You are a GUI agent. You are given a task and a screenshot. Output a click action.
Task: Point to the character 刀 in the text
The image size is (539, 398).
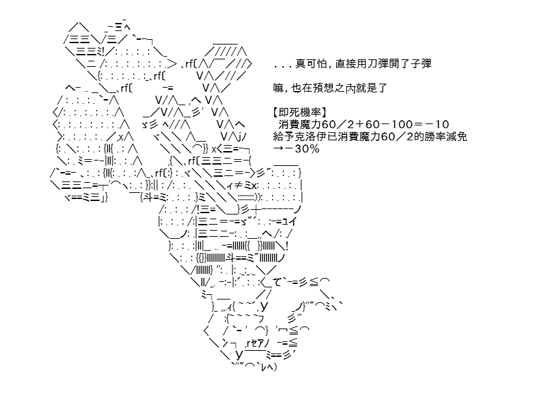click(376, 63)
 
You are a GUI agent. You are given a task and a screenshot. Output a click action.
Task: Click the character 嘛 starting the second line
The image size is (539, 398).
click(278, 88)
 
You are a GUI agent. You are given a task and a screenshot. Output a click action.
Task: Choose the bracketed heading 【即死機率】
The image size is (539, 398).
click(299, 112)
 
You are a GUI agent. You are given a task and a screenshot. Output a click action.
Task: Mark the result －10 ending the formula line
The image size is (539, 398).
click(437, 124)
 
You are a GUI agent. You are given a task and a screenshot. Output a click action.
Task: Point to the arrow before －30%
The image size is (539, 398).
click(278, 148)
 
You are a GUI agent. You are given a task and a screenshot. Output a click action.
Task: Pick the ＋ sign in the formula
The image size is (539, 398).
click(357, 124)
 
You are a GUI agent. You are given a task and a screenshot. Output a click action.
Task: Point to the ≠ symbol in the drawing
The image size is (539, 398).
click(239, 186)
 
